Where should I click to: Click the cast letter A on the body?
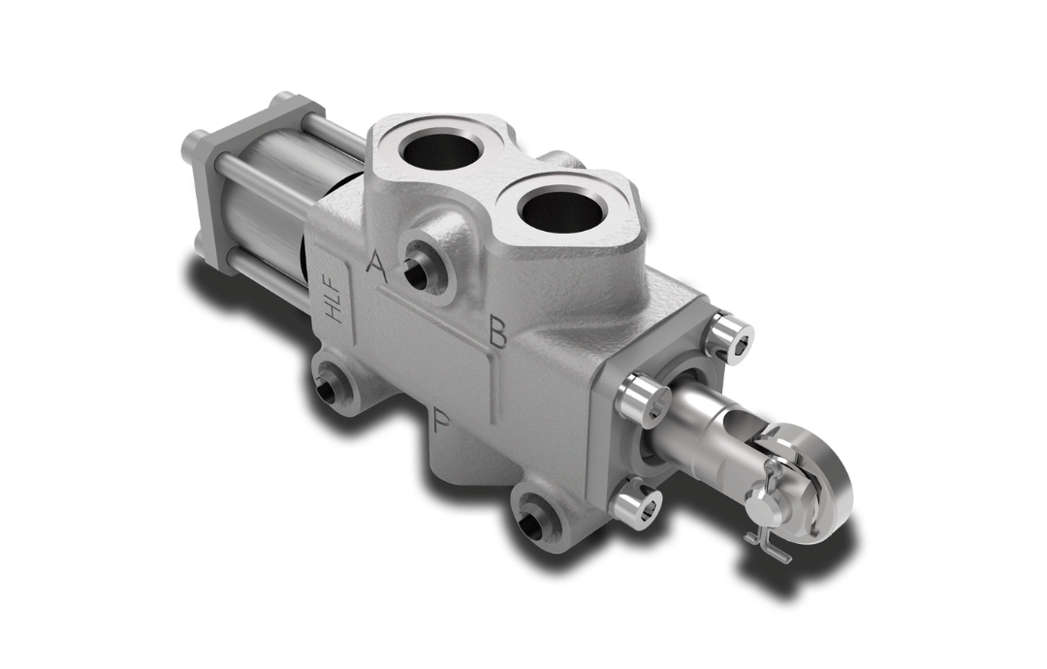pyautogui.click(x=376, y=266)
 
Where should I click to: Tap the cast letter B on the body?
pyautogui.click(x=497, y=332)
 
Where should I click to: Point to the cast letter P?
pyautogui.click(x=441, y=421)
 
